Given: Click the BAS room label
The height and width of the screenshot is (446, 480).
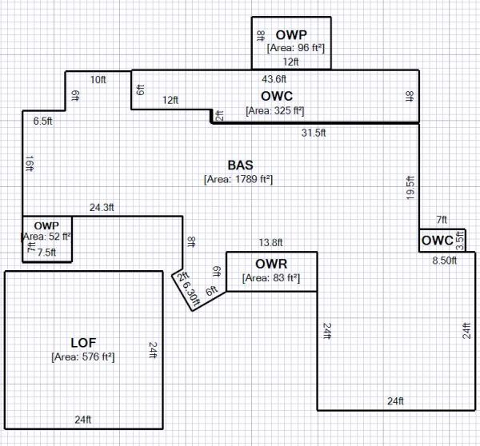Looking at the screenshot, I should click(x=240, y=165).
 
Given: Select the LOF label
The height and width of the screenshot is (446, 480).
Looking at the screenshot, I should click(x=83, y=343).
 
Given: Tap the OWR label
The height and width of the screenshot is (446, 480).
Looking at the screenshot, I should click(x=271, y=264).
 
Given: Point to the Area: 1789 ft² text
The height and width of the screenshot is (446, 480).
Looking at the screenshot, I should click(x=239, y=179).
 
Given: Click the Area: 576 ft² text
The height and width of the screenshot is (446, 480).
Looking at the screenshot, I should click(x=83, y=357).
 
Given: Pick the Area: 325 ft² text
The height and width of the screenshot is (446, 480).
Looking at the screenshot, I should click(x=275, y=110).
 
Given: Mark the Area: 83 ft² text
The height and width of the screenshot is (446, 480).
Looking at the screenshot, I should click(x=271, y=278).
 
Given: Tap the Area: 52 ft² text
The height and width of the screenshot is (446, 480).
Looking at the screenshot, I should click(x=46, y=237).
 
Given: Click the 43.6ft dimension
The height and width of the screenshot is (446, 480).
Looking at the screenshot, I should click(x=274, y=78).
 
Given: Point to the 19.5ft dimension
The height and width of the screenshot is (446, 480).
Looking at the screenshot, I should click(x=410, y=187).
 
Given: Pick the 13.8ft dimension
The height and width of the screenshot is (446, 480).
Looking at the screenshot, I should click(x=270, y=243).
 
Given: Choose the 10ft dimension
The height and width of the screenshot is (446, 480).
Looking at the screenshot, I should click(x=98, y=79).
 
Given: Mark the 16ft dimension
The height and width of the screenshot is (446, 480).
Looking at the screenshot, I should click(x=30, y=163).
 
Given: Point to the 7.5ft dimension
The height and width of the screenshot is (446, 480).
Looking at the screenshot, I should click(x=48, y=251).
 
